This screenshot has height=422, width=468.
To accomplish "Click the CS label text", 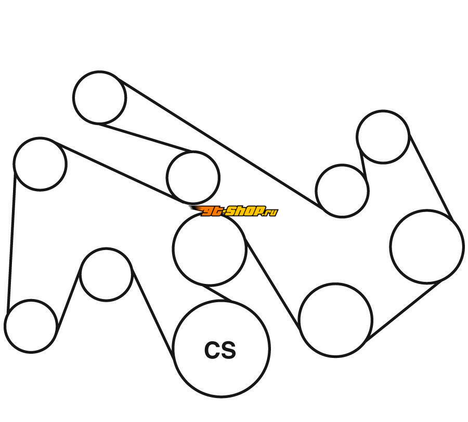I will (220, 350).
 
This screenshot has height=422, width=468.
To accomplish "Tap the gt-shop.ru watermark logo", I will (234, 211).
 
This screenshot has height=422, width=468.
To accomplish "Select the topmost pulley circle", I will (99, 97).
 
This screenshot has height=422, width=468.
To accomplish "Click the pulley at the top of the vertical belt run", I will (40, 164).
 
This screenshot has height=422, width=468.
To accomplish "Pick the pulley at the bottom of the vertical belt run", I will (31, 326).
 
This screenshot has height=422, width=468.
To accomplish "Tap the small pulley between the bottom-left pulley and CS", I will (106, 274).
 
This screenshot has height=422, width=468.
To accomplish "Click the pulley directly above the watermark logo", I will (193, 177).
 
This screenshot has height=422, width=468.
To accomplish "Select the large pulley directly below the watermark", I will (209, 249).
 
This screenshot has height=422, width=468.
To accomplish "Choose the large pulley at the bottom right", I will (336, 320).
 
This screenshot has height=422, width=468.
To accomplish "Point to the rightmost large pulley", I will (426, 246).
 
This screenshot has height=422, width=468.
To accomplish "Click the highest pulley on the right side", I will (383, 136).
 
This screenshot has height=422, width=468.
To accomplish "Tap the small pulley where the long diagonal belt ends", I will (342, 191).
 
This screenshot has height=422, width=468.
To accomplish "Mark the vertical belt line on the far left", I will (11, 240).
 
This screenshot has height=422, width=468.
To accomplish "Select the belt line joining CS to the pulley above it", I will (218, 293).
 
